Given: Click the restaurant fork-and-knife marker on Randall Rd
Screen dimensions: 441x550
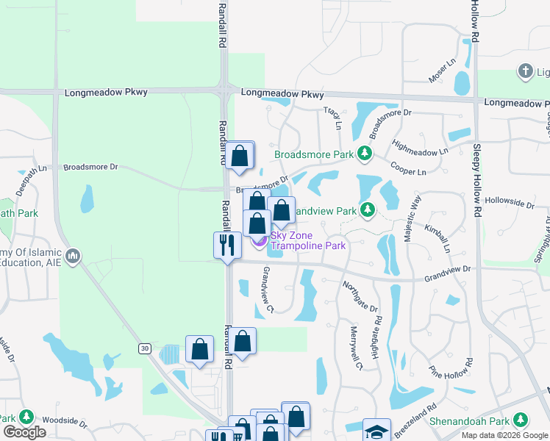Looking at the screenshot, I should click(227, 245).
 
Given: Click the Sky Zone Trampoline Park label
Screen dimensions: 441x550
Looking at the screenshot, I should click(307, 240).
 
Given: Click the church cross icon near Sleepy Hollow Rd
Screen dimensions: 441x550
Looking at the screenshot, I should click(525, 71).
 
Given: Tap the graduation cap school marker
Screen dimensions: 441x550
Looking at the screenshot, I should click(376, 431).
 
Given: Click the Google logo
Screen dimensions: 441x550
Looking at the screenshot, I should click(24, 432).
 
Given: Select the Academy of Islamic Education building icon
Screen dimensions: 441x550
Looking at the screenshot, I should click(72, 257).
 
